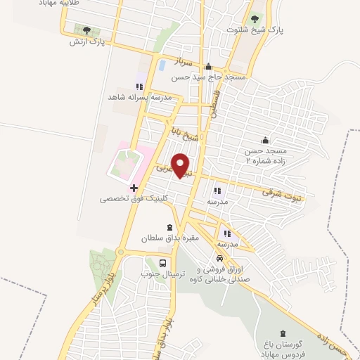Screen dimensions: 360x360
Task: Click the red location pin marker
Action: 182,165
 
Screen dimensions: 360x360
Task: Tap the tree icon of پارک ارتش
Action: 86,30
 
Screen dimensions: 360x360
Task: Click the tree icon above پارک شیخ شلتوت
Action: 255,18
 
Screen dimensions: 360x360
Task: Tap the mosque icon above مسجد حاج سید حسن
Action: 208,67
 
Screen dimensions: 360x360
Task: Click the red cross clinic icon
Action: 134,188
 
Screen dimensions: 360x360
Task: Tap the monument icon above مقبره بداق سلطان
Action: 168,228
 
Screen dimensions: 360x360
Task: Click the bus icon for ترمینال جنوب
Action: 163,264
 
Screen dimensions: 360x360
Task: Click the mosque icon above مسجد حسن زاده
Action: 265,140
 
